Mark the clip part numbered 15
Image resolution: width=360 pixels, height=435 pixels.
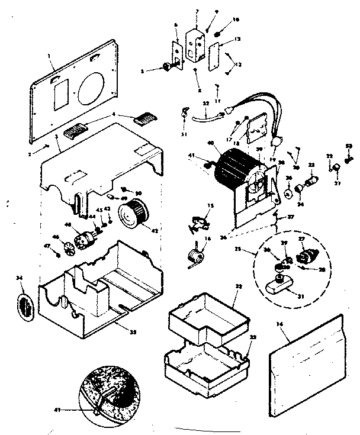click(198, 222)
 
